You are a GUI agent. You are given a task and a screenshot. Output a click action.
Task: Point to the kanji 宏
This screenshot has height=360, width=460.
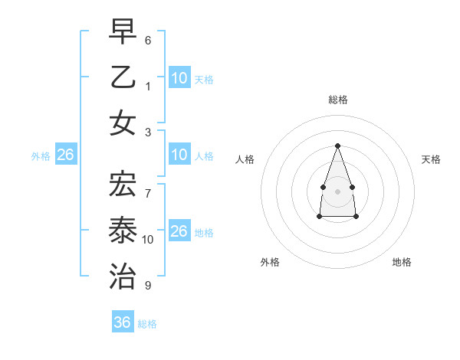point(123,184)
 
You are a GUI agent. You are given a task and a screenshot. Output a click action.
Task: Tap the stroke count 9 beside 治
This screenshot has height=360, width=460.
point(148,286)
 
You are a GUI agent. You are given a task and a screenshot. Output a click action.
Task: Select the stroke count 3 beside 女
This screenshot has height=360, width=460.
point(148,131)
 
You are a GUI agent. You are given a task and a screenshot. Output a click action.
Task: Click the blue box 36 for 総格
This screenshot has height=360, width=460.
point(122,322)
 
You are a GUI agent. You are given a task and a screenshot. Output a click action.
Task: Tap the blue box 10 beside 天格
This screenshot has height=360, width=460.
point(179,77)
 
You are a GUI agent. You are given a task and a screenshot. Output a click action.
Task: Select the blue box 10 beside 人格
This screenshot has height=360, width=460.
point(179,155)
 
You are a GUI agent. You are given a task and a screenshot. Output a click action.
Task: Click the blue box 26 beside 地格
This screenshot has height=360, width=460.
point(179,231)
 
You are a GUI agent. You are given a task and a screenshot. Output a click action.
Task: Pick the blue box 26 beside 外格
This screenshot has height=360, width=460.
point(65,155)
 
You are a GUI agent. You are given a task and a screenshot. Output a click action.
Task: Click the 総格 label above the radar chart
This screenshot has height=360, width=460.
point(338,100)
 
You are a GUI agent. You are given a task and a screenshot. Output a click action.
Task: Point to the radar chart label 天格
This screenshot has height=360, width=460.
point(431,159)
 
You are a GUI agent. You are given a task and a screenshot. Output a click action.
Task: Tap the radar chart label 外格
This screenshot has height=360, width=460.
point(270,262)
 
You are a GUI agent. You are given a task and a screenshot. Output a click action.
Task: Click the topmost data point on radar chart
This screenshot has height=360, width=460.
point(337,146)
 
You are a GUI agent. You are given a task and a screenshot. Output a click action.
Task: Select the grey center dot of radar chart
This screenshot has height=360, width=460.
point(337,191)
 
